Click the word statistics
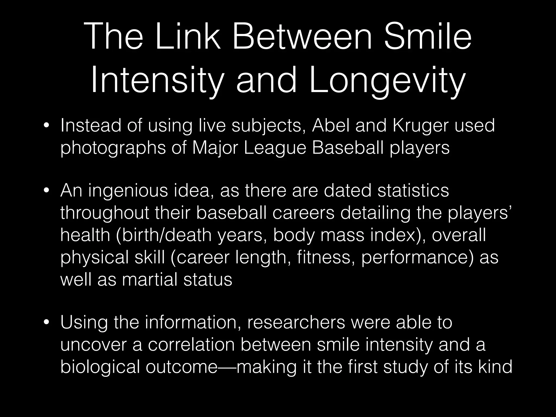[413, 191]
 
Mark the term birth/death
[164, 235]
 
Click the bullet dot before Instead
[47, 126]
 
